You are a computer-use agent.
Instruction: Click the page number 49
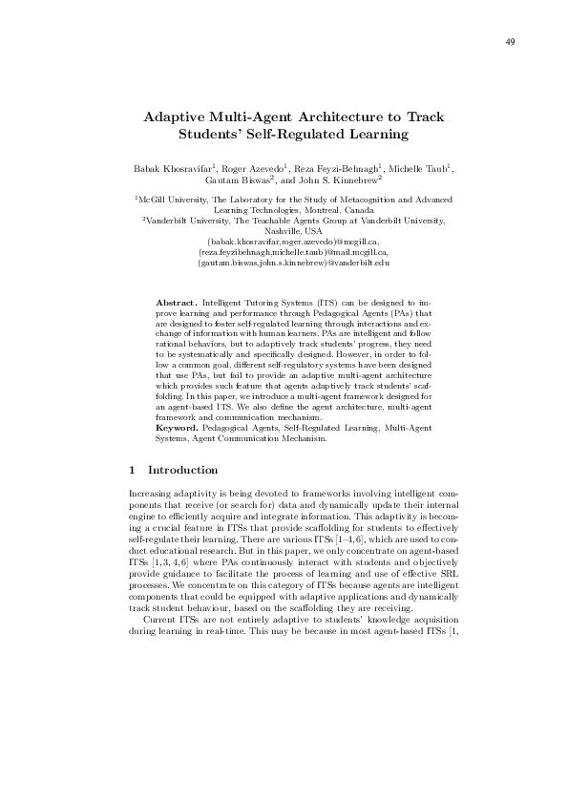511,41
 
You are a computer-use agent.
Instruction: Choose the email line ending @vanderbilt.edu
293,262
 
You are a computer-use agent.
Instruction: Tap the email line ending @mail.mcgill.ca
293,251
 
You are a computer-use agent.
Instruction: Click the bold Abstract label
176,302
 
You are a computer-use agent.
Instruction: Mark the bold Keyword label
178,430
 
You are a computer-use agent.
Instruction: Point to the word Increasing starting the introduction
150,492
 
